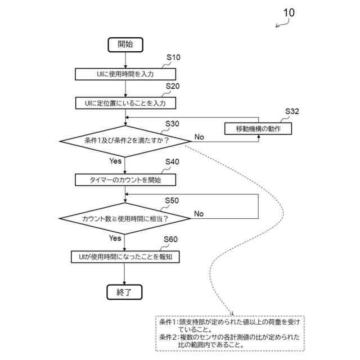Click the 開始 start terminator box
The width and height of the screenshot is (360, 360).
(125, 45)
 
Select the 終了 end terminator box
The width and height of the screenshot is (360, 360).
(124, 292)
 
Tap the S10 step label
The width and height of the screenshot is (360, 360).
(173, 57)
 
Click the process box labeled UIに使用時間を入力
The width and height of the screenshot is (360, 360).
(125, 74)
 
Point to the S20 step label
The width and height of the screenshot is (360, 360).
(173, 86)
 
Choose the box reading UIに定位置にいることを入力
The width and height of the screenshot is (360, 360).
(125, 103)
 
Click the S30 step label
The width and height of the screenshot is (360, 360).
(172, 124)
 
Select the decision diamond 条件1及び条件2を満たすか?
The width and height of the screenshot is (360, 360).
(125, 141)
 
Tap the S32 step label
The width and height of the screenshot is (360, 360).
(292, 111)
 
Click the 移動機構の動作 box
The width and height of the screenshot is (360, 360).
(258, 129)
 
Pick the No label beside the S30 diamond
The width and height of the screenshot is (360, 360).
(199, 137)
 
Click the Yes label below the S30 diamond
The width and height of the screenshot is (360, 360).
(115, 161)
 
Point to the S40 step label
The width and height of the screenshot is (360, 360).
(172, 162)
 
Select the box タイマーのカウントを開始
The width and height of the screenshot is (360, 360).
(125, 180)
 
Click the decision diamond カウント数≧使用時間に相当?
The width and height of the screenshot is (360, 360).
(125, 218)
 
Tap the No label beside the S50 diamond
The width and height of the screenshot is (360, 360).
(199, 214)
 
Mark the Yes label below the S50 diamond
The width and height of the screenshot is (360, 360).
(115, 238)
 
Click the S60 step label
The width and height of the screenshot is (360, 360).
(170, 240)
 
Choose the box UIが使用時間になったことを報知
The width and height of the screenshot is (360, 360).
(125, 257)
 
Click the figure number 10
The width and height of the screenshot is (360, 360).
(289, 13)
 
